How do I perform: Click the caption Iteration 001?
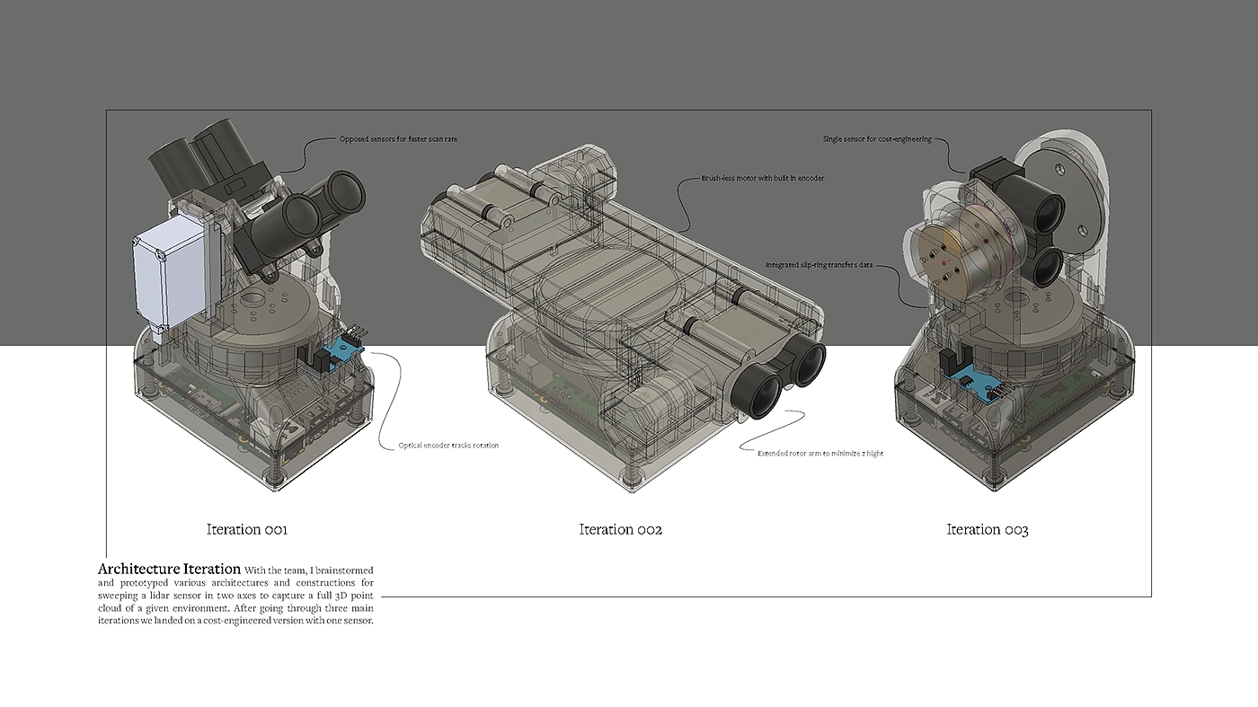click(x=247, y=529)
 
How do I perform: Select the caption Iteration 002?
click(x=621, y=529)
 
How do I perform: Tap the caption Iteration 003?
click(x=988, y=529)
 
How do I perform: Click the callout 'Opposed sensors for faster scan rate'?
click(x=398, y=138)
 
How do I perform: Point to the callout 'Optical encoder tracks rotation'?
click(x=448, y=446)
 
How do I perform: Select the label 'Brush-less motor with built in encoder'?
click(x=763, y=178)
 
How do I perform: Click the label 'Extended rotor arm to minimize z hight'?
click(x=819, y=453)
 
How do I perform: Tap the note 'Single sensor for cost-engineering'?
click(x=877, y=138)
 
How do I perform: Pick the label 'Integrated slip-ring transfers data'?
click(x=819, y=264)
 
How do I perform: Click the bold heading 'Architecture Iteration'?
click(x=169, y=569)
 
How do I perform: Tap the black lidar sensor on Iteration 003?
click(x=1023, y=225)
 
